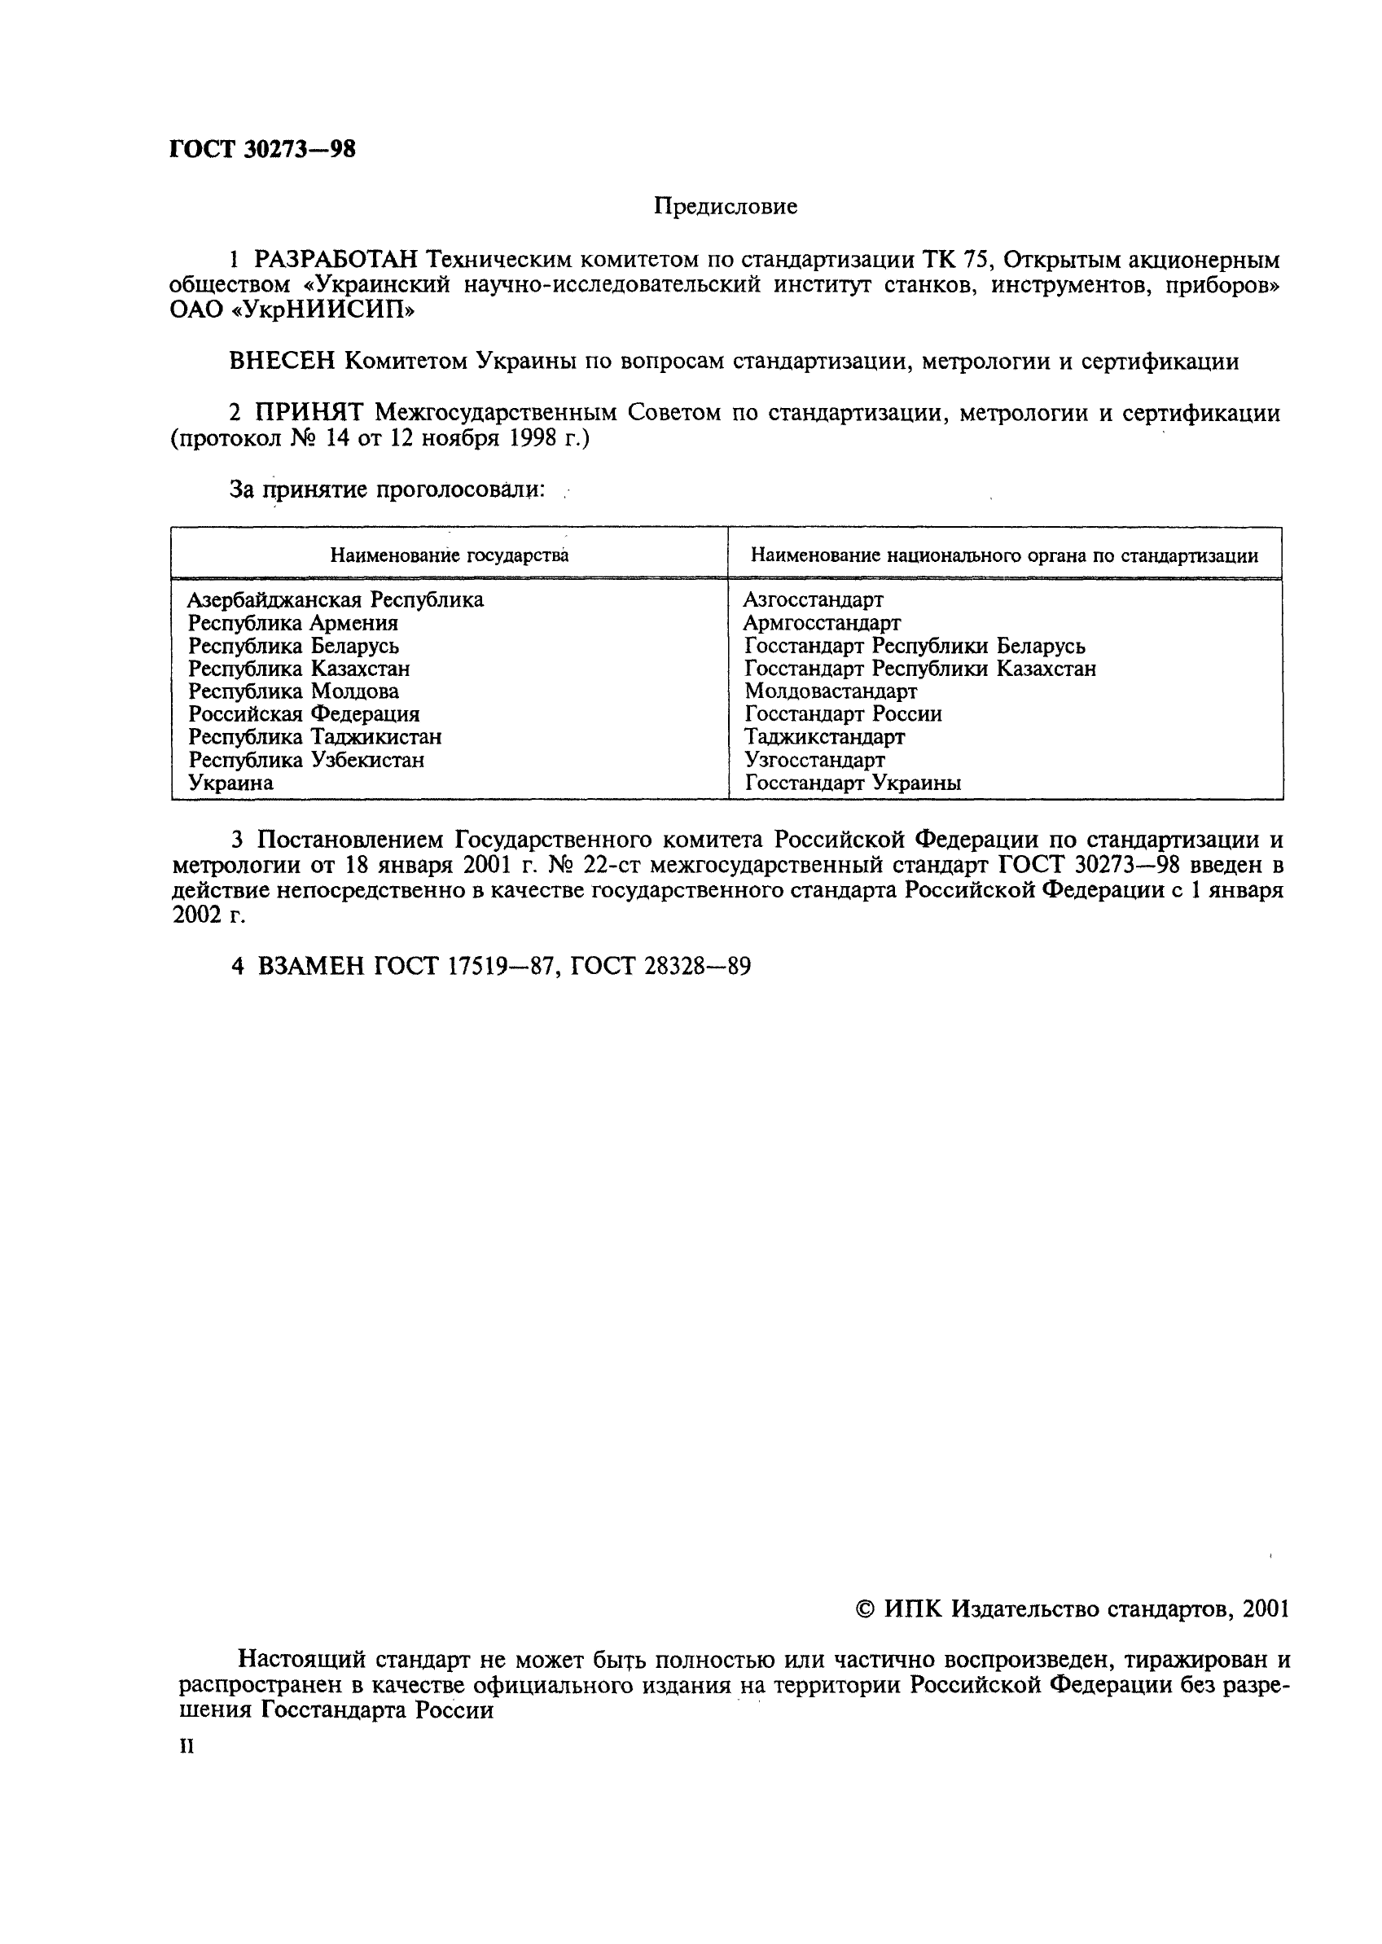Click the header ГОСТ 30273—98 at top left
(262, 150)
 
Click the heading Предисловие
(725, 206)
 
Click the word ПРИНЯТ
(309, 414)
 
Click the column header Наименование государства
(450, 555)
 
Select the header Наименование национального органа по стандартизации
(1004, 555)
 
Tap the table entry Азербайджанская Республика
(336, 599)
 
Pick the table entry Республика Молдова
(294, 691)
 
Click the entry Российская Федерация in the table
(304, 713)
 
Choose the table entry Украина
(230, 783)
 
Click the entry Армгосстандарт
(821, 623)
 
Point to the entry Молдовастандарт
(831, 691)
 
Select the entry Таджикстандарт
(824, 737)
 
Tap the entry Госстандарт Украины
(853, 783)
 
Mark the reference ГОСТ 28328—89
(660, 967)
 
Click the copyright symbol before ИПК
(865, 1609)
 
